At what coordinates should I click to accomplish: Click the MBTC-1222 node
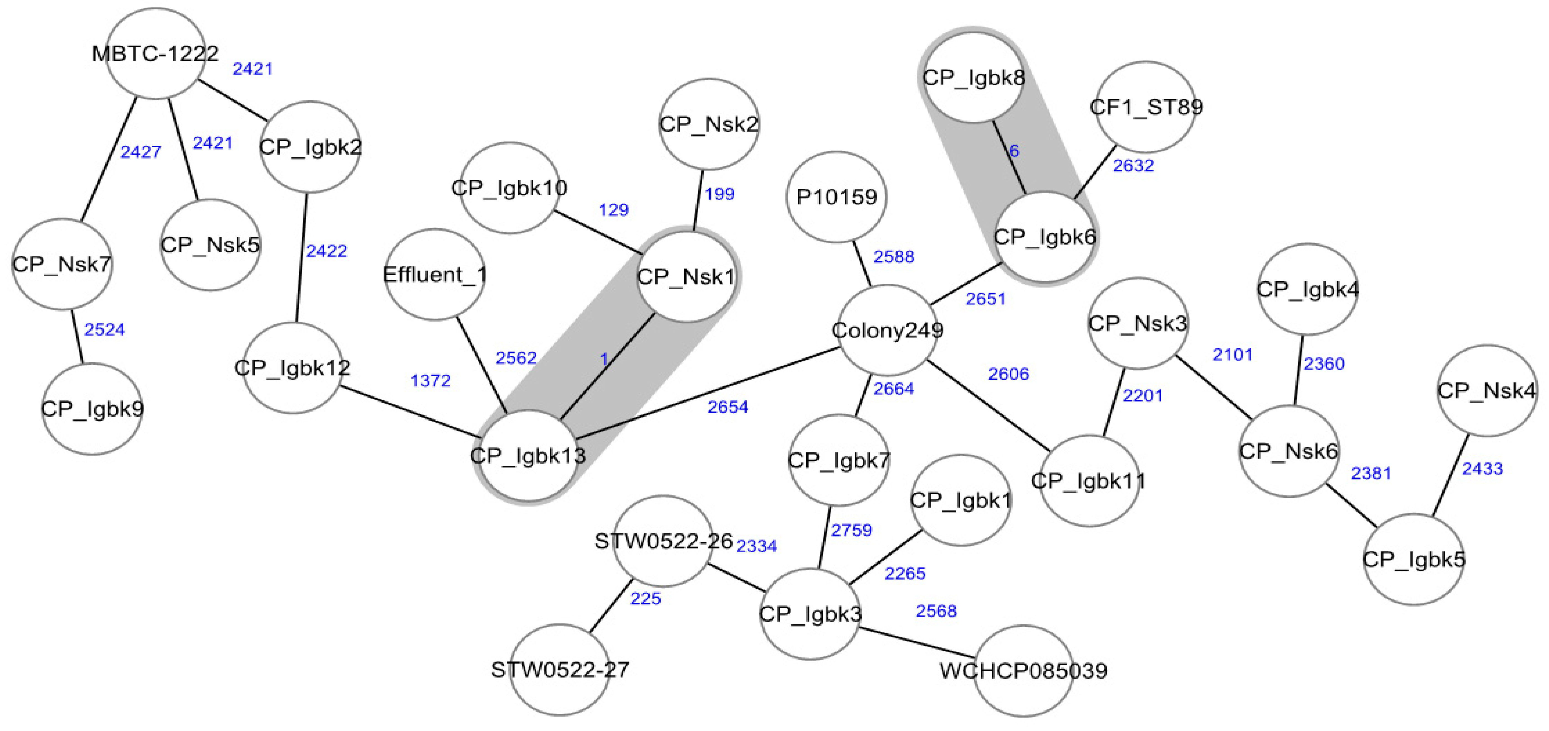point(155,53)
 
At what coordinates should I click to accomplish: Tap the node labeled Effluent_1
point(434,274)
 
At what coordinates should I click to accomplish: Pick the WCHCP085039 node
point(1023,670)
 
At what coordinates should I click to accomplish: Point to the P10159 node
point(836,197)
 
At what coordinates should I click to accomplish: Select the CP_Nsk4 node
point(1486,390)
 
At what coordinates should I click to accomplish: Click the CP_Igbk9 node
point(92,409)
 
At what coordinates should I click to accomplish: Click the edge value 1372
point(431,381)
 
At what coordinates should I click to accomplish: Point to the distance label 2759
point(851,530)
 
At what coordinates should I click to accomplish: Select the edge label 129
point(613,210)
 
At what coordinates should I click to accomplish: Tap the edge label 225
point(645,599)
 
